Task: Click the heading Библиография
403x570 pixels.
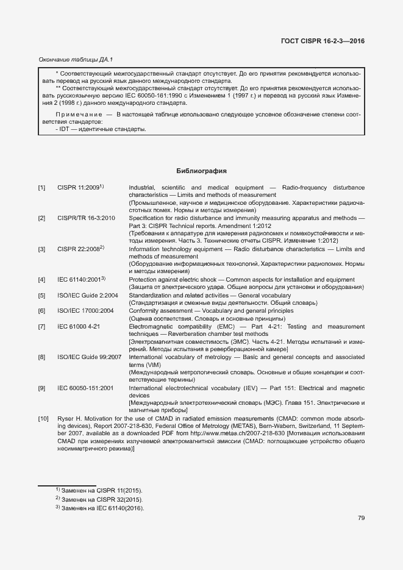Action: pyautogui.click(x=201, y=171)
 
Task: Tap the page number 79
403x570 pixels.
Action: pyautogui.click(x=361, y=518)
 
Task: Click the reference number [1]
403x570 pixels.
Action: pyautogui.click(x=41, y=187)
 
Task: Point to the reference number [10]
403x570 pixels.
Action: pyautogui.click(x=43, y=418)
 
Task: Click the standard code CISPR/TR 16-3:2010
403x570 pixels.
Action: pyautogui.click(x=86, y=218)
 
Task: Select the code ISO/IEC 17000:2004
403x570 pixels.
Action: pyautogui.click(x=86, y=310)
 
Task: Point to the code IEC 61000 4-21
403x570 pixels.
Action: pyautogui.click(x=79, y=326)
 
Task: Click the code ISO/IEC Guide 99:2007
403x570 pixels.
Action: pyautogui.click(x=89, y=357)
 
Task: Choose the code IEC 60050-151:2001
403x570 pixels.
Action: pyautogui.click(x=85, y=388)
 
